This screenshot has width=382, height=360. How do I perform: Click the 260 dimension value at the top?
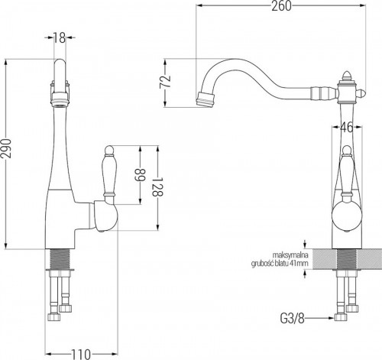[x=281, y=6]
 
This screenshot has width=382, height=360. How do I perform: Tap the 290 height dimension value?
[x=6, y=148]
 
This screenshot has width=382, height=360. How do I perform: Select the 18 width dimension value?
[x=60, y=38]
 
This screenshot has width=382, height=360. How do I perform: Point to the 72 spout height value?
[x=165, y=82]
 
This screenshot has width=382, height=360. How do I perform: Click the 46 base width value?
[x=347, y=128]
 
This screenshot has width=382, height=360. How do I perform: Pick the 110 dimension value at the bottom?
[x=81, y=354]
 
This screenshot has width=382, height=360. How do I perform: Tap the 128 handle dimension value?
[x=157, y=186]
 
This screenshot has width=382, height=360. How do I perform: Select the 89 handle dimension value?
[x=140, y=175]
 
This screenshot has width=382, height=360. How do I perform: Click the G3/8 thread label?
[x=292, y=318]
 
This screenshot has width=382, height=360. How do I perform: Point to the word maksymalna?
[x=290, y=255]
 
